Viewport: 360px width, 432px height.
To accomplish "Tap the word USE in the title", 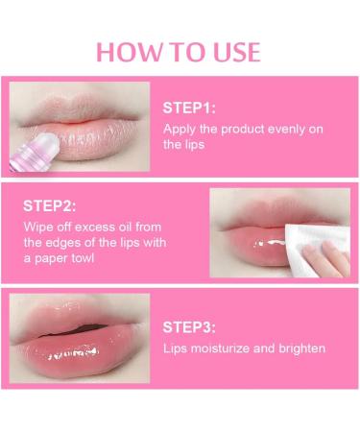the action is (x=237, y=52).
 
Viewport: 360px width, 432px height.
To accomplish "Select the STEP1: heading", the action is (x=189, y=108).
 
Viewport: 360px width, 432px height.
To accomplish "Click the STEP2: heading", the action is (x=50, y=205).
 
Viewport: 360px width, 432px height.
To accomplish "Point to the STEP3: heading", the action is (x=189, y=327).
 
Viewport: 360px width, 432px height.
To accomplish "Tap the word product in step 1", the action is (x=243, y=130).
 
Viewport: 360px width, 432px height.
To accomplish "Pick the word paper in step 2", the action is (x=51, y=259).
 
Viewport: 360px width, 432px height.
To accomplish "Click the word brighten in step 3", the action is (x=301, y=348).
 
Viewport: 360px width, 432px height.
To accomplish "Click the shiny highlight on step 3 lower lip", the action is (x=72, y=353).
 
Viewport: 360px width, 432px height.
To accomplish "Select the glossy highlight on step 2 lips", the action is (x=270, y=243).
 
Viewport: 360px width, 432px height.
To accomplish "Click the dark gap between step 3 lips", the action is (x=79, y=329).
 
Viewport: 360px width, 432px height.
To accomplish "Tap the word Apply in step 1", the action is (x=179, y=130).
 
